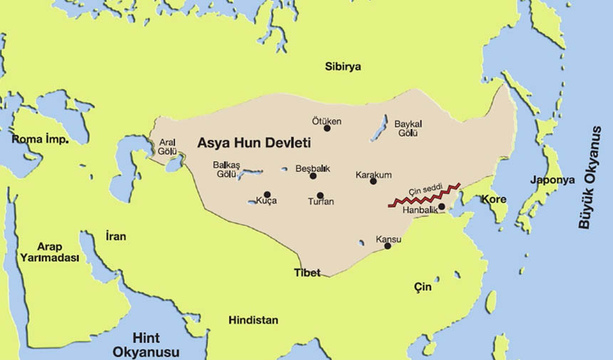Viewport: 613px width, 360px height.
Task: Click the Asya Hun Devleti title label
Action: point(254,143)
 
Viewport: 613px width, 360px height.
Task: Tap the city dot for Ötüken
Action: point(327,128)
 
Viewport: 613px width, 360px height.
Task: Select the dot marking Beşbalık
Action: point(313,175)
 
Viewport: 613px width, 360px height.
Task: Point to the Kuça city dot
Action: point(267,194)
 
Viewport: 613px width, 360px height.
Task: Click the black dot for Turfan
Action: point(320,195)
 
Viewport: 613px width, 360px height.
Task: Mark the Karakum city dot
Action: point(373,181)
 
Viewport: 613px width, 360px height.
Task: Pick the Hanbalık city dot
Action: point(442,207)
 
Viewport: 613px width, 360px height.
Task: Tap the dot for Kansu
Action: point(388,246)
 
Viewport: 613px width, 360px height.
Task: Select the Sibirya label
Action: point(343,66)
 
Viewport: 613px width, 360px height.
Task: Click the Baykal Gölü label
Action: point(408,128)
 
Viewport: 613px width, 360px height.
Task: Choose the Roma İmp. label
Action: point(40,139)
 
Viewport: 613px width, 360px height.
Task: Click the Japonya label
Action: point(552,180)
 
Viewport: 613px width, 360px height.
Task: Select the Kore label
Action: point(494,199)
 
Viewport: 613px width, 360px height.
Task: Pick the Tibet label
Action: point(307,272)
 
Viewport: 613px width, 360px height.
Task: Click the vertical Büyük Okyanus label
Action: point(585,184)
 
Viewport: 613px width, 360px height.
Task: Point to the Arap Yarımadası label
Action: point(49,252)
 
